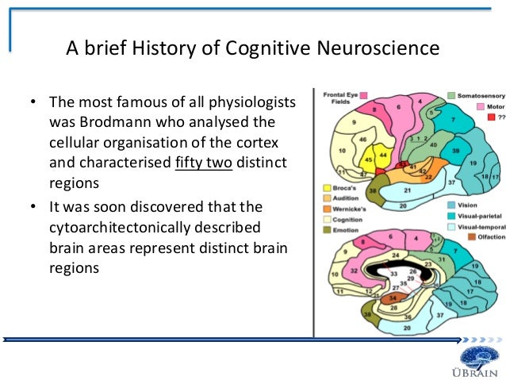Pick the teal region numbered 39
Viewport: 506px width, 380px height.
(x=456, y=151)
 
